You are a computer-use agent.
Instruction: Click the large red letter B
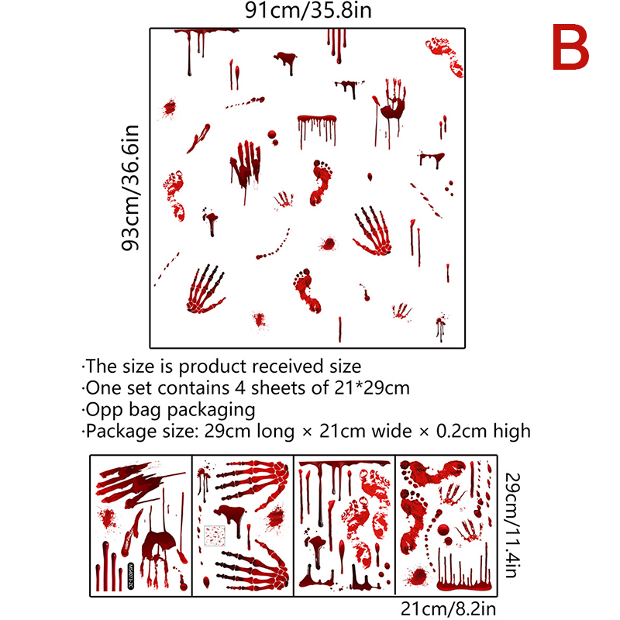click(570, 47)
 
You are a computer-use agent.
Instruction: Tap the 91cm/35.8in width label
click(308, 10)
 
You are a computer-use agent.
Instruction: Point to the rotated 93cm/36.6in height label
click(130, 188)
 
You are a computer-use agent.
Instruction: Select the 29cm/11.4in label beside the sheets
click(512, 525)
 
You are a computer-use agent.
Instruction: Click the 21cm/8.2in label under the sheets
click(449, 609)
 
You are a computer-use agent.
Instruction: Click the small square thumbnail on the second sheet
click(215, 536)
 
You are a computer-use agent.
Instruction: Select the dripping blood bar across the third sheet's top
click(344, 463)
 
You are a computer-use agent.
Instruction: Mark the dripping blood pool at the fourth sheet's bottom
click(464, 584)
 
